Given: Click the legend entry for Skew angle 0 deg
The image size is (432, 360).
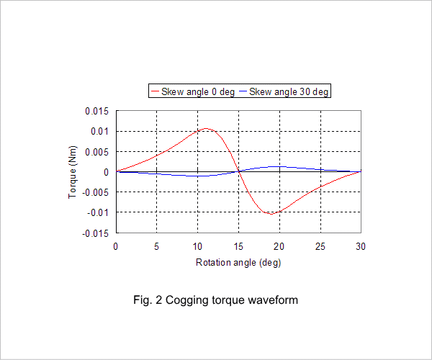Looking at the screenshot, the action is coord(193,91).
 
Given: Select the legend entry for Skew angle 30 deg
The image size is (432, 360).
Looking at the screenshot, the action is coord(284,91).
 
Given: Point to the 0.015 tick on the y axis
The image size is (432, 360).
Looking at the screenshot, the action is coord(96,112).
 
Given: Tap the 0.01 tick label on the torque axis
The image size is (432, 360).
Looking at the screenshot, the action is coord(100,131).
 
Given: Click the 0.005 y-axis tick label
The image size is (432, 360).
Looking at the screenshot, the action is coord(96,152).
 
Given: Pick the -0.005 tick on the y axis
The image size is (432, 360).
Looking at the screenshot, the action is coord(95,192).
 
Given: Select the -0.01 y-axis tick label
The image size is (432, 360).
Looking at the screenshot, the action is coord(98,212).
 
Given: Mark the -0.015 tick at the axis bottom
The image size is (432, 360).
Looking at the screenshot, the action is coord(95,233).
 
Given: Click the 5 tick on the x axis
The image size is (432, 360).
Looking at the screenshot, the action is coord(156,246).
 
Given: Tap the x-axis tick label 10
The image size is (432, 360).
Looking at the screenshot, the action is coord(197,246).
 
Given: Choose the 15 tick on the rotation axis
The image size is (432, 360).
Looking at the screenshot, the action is coord(238,246).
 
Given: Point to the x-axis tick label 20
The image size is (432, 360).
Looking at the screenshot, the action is coord(279,246).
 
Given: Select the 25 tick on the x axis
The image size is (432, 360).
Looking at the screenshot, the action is coord(320,246).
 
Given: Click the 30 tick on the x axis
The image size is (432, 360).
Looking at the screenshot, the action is coord(361,246).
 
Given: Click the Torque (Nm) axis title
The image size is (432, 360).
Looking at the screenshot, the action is coord(72,172).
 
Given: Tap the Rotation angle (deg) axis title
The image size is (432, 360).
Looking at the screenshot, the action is coord(238,263).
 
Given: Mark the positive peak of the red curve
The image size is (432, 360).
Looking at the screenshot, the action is coord(205,128).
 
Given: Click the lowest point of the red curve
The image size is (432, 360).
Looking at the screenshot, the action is coord(271,214).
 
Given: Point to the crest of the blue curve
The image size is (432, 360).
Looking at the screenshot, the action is coord(277,166).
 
